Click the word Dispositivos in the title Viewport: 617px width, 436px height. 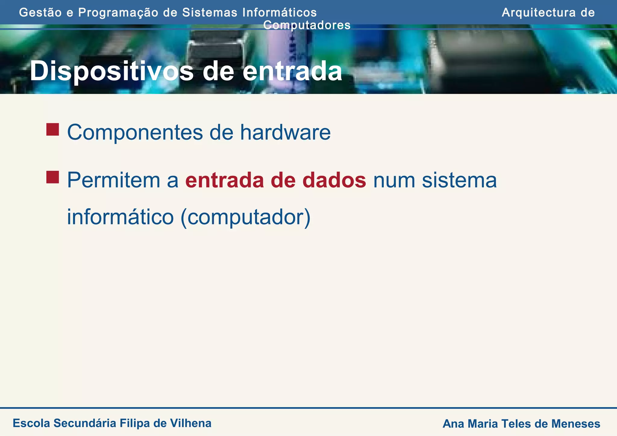(x=111, y=72)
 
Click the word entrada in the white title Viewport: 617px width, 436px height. (x=292, y=72)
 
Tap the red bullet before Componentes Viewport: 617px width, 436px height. (x=52, y=129)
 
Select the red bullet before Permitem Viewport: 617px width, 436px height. (x=52, y=177)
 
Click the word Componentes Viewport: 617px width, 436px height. (x=135, y=132)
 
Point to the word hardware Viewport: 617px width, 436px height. (x=285, y=132)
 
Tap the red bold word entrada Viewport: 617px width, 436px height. (x=224, y=180)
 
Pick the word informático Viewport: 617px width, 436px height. (x=120, y=217)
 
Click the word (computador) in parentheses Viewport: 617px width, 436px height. (x=245, y=217)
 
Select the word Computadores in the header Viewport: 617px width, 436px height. (x=307, y=25)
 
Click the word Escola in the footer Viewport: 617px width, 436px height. (x=31, y=423)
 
